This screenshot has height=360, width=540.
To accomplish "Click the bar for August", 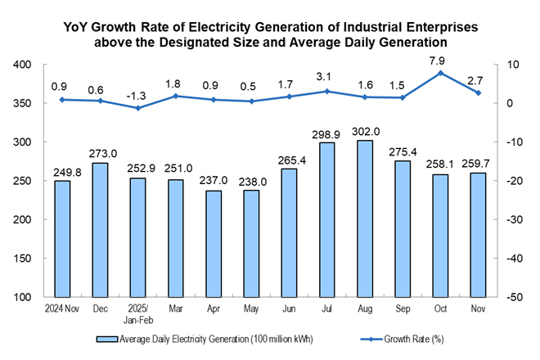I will [366, 218].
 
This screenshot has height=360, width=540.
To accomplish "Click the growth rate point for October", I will [442, 73].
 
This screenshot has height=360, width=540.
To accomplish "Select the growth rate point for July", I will [326, 91].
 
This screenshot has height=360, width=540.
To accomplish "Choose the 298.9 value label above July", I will [326, 133].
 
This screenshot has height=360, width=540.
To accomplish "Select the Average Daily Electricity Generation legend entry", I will [205, 337].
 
